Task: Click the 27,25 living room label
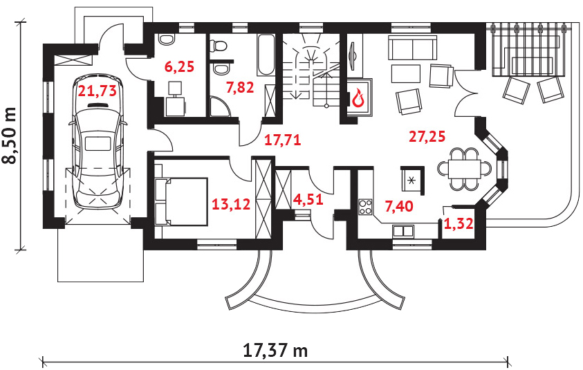426,137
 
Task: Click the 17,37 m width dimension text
275,350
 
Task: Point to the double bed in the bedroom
182,201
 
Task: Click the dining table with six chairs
464,168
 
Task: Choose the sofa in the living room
411,48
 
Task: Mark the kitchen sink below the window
402,232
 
